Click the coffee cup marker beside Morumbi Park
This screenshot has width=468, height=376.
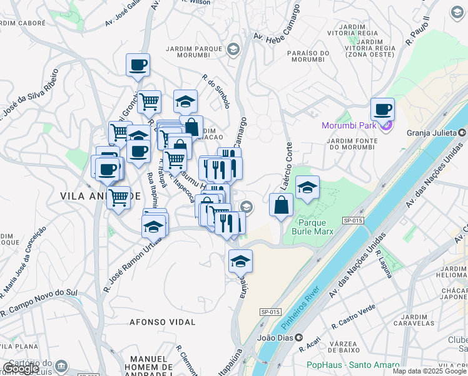pyautogui.click(x=382, y=110)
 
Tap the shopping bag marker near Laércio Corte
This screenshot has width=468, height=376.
pyautogui.click(x=281, y=204)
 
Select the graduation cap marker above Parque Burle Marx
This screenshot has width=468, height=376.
pyautogui.click(x=307, y=187)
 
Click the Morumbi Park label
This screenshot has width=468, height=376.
pyautogui.click(x=349, y=125)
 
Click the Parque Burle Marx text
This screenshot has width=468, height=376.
pyautogui.click(x=316, y=227)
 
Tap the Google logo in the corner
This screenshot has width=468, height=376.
pyautogui.click(x=21, y=368)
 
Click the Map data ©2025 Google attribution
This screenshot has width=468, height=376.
pyautogui.click(x=429, y=371)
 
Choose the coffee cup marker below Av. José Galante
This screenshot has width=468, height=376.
pyautogui.click(x=138, y=65)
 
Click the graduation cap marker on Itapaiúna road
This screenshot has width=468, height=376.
pyautogui.click(x=240, y=261)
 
